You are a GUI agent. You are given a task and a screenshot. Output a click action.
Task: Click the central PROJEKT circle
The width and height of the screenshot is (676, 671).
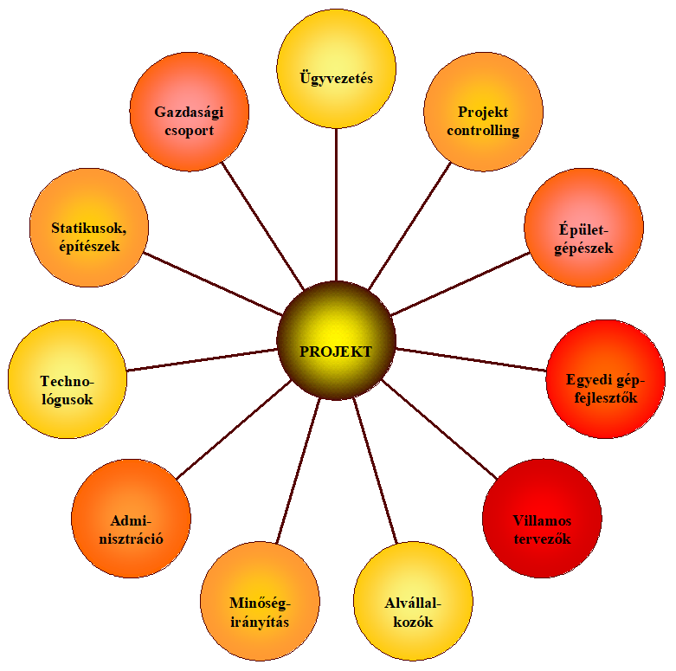click(x=337, y=340)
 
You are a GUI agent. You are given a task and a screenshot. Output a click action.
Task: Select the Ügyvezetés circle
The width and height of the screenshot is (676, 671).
click(x=337, y=68)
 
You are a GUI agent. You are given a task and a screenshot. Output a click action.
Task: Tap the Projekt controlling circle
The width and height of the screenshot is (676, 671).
click(x=483, y=112)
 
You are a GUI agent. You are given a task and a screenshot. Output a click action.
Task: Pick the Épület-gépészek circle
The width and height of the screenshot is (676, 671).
click(x=583, y=227)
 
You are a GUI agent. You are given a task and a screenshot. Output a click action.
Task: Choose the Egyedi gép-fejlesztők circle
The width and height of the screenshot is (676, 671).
click(x=605, y=379)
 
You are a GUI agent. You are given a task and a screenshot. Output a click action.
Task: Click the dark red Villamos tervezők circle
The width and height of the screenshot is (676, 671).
click(x=542, y=519)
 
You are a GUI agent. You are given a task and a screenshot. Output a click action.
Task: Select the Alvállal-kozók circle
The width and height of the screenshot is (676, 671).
click(x=413, y=601)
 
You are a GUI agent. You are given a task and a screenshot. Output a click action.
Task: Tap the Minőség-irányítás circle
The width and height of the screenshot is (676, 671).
click(x=260, y=601)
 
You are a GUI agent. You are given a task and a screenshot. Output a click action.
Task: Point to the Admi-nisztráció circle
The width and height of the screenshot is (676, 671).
click(x=131, y=519)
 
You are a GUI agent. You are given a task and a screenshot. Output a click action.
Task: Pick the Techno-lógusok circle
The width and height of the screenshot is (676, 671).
click(x=68, y=379)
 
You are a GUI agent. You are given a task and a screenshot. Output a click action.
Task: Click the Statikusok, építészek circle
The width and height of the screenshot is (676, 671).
click(x=89, y=227)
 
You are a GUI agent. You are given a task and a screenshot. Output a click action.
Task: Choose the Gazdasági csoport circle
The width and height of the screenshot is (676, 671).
click(x=190, y=112)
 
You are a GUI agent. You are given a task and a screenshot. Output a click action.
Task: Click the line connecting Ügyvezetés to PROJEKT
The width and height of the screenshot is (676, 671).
click(x=337, y=205)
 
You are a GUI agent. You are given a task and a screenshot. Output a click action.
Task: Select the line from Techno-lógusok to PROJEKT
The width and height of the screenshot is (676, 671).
click(x=202, y=359)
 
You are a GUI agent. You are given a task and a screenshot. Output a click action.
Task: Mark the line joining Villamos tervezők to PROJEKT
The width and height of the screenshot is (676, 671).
click(x=440, y=429)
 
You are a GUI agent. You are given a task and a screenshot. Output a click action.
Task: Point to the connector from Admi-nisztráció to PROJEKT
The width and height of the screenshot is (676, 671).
click(x=234, y=429)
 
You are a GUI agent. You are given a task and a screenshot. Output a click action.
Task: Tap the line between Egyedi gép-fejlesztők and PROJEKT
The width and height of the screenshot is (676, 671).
click(x=471, y=359)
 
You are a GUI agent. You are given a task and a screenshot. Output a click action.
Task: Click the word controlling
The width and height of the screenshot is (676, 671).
click(x=483, y=131)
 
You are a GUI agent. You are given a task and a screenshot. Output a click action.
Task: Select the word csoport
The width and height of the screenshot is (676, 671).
click(x=190, y=131)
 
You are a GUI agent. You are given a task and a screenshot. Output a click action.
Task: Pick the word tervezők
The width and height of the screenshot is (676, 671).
click(x=543, y=539)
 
